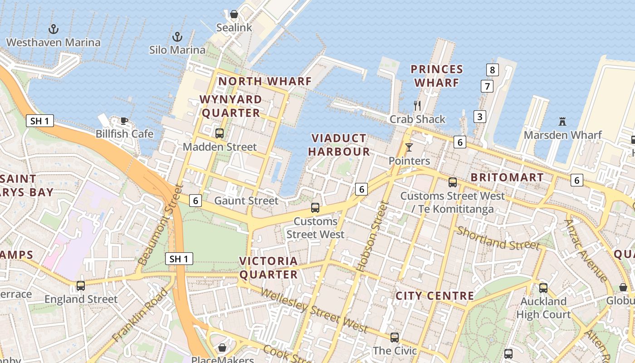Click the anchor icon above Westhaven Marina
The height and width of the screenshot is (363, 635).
[54, 29]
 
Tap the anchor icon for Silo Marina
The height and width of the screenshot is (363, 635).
[177, 37]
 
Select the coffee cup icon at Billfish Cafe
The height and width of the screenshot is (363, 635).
[124, 121]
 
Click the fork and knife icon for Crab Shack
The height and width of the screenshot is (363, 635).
[417, 106]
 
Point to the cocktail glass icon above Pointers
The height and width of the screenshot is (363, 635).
[409, 147]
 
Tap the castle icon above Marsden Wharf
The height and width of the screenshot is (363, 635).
[562, 122]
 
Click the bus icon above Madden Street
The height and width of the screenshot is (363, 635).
[220, 133]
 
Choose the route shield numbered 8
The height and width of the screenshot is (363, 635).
[492, 70]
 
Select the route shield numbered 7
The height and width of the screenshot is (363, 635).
[487, 86]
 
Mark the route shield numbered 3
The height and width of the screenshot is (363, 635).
[479, 117]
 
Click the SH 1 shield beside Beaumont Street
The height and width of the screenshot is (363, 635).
[179, 259]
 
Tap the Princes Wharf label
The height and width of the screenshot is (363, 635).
[436, 76]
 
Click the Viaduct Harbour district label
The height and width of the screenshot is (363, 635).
[339, 145]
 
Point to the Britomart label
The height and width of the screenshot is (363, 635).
[507, 177]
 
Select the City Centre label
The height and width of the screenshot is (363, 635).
[435, 296]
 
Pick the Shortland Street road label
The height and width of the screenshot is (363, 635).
[498, 238]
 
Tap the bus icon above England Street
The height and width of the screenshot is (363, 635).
[81, 286]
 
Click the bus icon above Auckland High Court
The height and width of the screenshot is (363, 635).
[543, 288]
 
